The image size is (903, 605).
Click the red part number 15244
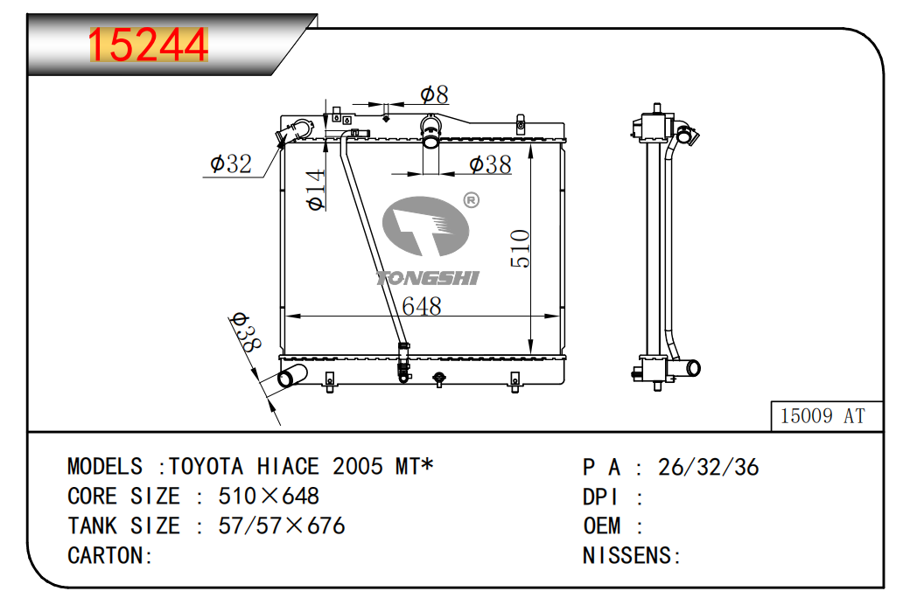(148, 45)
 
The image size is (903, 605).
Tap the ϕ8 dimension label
(434, 94)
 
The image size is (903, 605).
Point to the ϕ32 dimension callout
(231, 164)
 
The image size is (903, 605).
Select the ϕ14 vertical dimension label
(316, 190)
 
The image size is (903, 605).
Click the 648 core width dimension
(422, 306)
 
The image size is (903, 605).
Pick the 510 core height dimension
(520, 248)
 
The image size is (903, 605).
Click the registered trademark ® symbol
(471, 200)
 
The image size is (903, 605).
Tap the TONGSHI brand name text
(427, 278)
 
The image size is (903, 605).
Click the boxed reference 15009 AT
(822, 415)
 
